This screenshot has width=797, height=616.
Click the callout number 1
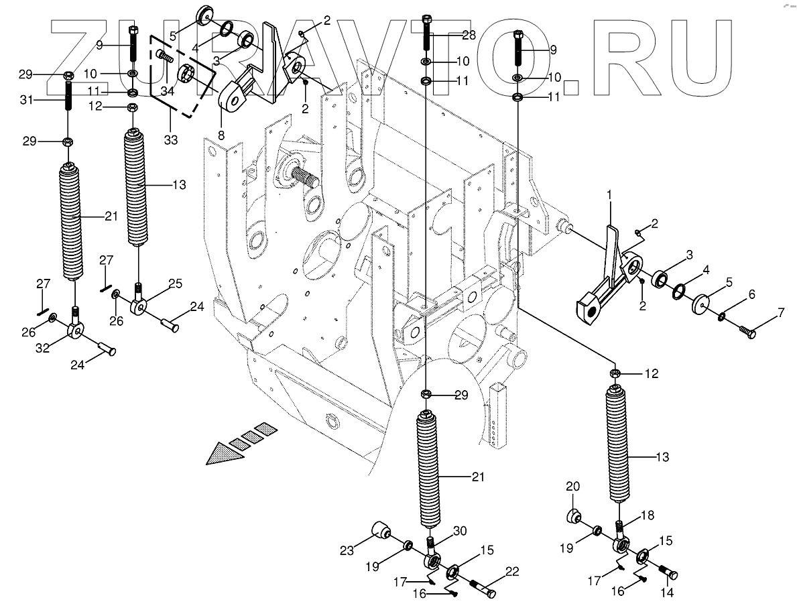click(x=610, y=194)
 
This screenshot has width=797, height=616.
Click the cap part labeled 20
click(x=573, y=516)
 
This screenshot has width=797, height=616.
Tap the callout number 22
click(x=512, y=571)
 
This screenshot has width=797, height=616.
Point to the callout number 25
click(x=174, y=285)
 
